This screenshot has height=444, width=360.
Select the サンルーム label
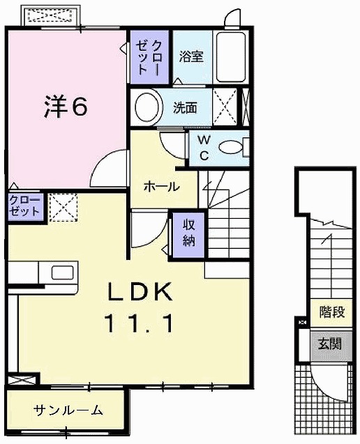click(x=68, y=410)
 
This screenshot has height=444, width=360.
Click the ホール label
click(x=161, y=187)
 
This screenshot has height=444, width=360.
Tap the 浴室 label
click(x=190, y=57)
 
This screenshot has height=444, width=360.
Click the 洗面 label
click(x=186, y=107)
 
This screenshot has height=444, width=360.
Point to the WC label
click(x=204, y=147)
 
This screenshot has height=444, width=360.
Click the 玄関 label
click(x=331, y=344)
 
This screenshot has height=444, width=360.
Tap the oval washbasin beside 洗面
click(x=147, y=107)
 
